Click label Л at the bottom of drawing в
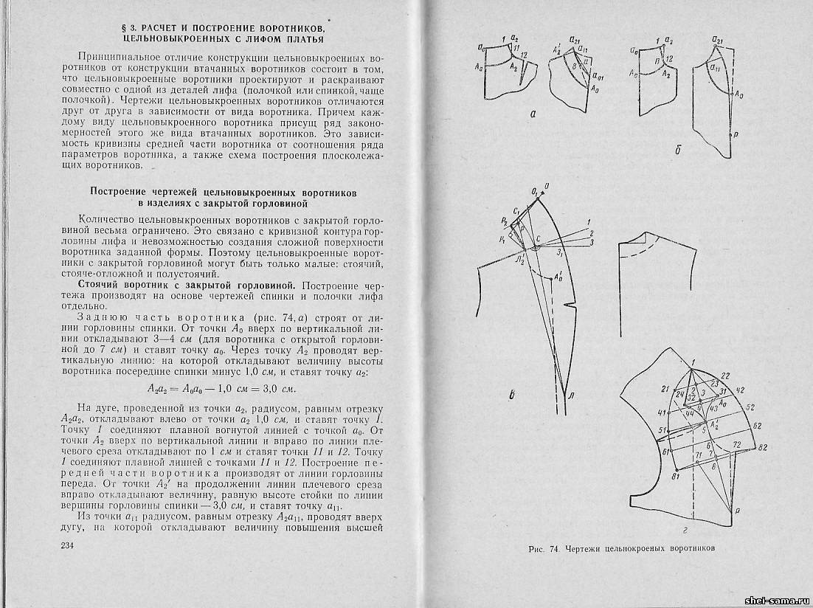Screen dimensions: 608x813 pyautogui.click(x=571, y=397)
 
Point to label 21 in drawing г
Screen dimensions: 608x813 pyautogui.click(x=665, y=389)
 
